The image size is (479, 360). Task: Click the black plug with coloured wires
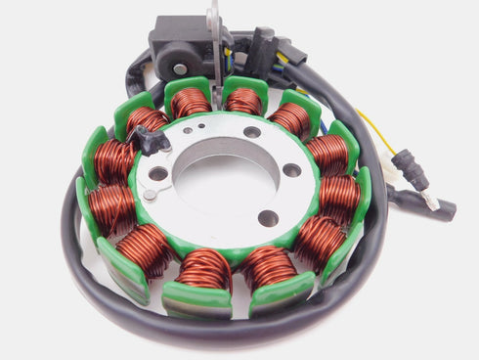click(x=262, y=51)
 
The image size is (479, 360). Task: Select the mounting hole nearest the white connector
click(x=291, y=170)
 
